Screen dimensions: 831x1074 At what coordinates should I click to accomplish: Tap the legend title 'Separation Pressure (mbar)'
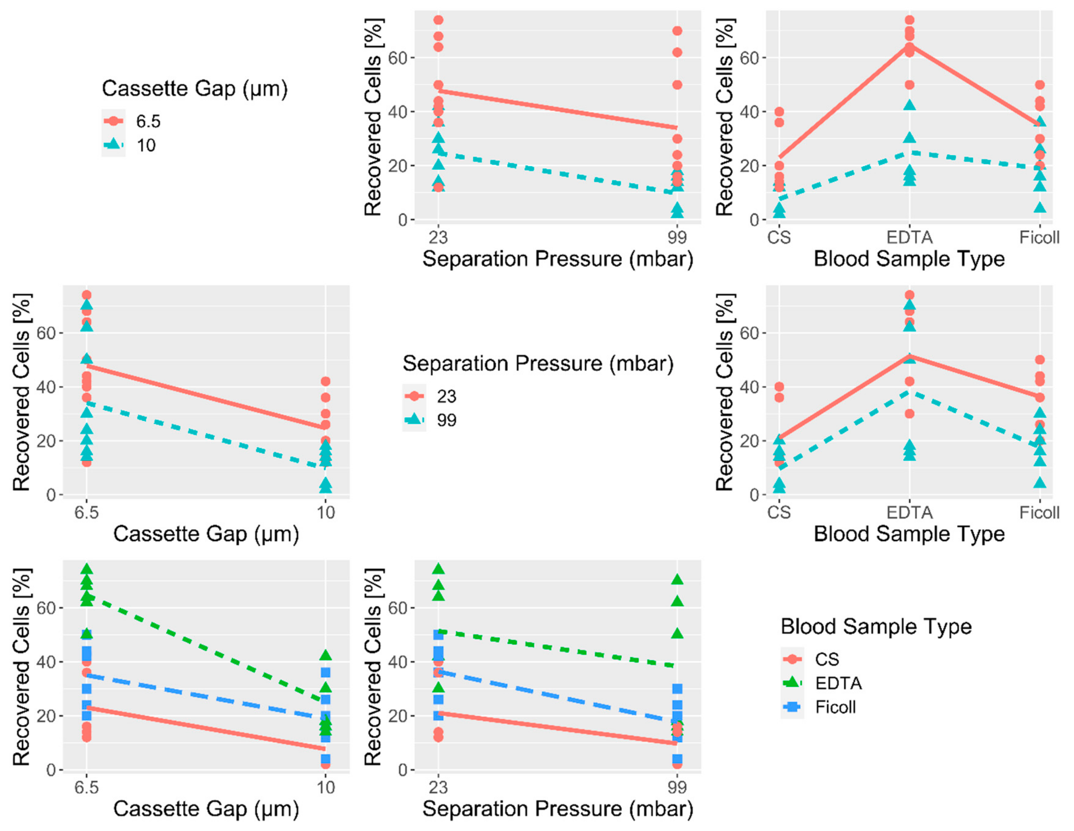tap(538, 364)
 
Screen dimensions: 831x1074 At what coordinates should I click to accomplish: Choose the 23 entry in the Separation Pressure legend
tap(446, 396)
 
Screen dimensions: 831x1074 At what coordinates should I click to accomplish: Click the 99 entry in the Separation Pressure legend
tap(446, 420)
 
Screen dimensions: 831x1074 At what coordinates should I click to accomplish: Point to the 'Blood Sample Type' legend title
tap(876, 626)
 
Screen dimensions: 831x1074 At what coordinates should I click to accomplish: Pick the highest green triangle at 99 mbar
tap(677, 580)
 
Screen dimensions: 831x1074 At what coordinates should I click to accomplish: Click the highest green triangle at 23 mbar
tap(438, 569)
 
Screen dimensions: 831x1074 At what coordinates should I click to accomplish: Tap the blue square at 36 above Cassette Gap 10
tap(326, 672)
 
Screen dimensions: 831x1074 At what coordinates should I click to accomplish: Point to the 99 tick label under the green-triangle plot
tap(677, 787)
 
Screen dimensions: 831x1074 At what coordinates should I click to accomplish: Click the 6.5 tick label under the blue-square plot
tap(86, 787)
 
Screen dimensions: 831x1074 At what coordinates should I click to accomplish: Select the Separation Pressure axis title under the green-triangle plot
tap(558, 809)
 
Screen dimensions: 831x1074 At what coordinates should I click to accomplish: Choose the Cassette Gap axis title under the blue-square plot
tap(206, 809)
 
